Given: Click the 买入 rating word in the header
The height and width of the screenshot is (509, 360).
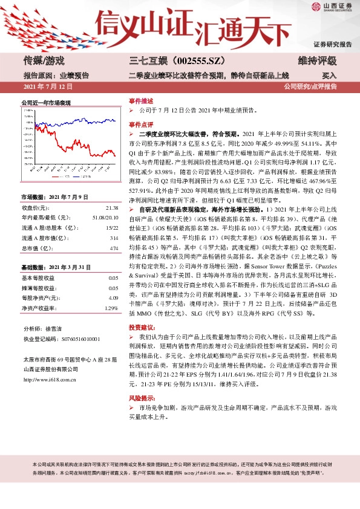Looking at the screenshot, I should (329, 76).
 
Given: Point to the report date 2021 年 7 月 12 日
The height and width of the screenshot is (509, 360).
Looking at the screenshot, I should (48, 87).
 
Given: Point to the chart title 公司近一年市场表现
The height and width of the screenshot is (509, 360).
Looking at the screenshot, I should (46, 104).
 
